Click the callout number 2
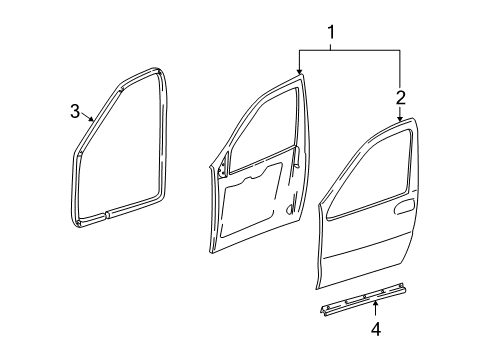tap(400, 97)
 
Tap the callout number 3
tap(75, 111)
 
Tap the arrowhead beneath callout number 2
tap(400, 121)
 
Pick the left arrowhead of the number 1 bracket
tap(299, 73)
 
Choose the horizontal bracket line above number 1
tap(349, 51)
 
